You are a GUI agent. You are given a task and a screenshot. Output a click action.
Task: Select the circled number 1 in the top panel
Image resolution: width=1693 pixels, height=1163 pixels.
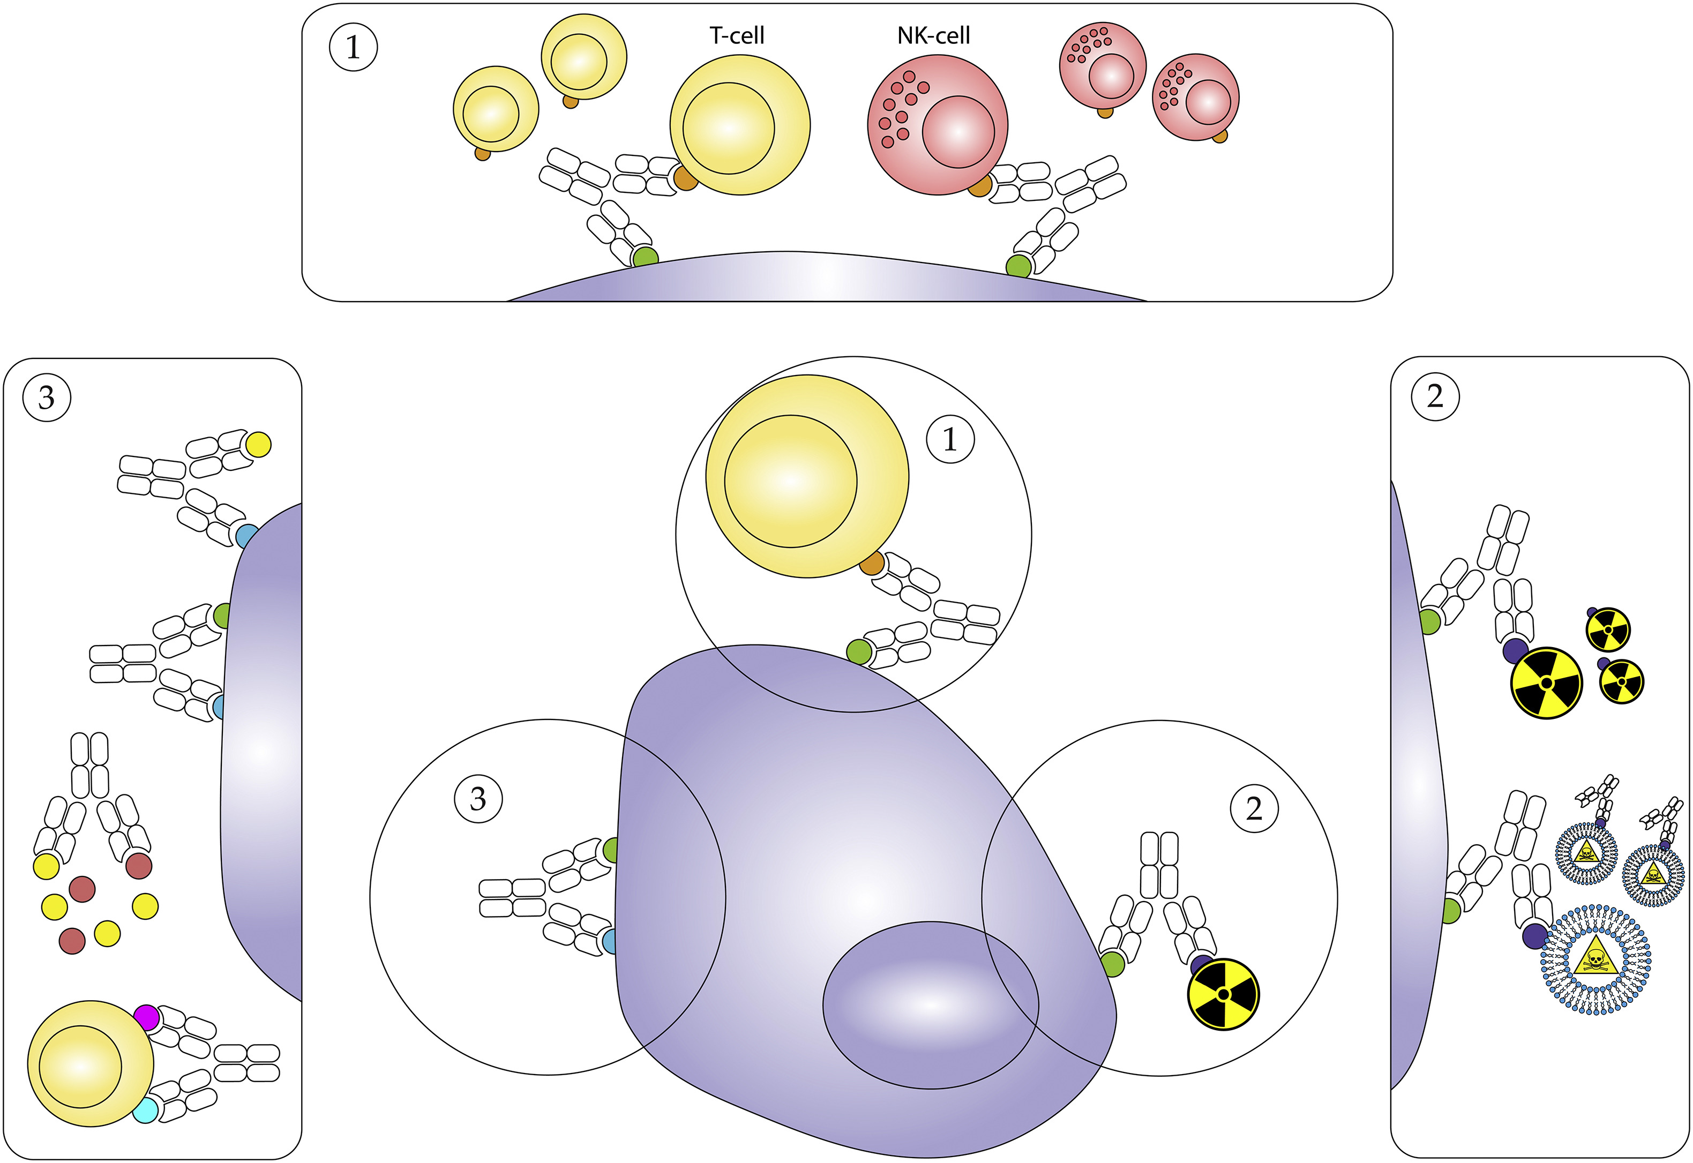point(354,47)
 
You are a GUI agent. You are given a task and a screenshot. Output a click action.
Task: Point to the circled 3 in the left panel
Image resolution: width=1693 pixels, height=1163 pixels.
point(47,398)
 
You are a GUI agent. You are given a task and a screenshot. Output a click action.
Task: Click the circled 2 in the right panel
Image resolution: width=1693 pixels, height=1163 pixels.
point(1435,396)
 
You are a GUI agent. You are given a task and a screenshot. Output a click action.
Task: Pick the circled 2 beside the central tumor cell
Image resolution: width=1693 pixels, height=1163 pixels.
point(1254,809)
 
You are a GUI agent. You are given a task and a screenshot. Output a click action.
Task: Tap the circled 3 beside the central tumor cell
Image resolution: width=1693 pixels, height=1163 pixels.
point(478,799)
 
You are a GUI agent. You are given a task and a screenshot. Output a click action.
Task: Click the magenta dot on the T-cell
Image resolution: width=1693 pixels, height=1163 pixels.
point(146,1017)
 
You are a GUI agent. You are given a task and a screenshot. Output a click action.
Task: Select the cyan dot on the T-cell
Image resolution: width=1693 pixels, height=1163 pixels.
point(145,1110)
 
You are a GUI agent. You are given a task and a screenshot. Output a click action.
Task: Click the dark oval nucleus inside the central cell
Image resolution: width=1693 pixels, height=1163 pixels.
point(931,1005)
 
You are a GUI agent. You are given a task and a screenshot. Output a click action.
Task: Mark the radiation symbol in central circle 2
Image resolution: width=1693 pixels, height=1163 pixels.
point(1224,994)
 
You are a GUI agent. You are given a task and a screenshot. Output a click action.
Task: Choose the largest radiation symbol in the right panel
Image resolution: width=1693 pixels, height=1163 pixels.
point(1547,683)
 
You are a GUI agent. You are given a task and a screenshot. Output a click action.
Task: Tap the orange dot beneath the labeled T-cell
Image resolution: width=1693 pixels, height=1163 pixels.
point(685,178)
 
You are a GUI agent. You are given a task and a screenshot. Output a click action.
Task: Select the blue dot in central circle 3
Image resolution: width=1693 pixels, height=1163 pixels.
point(609,941)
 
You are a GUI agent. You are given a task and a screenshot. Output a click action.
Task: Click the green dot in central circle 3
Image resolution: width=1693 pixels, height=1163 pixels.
point(611,850)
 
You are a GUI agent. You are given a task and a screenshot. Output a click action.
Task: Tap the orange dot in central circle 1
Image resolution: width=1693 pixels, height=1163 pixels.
point(872,563)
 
